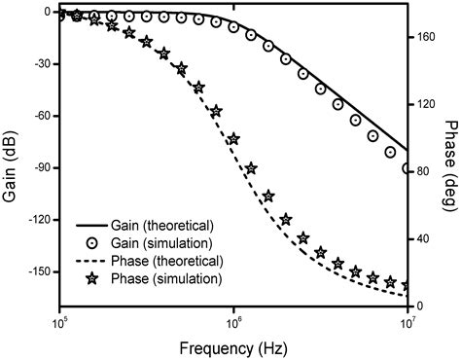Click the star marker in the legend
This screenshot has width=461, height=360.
[x=93, y=280]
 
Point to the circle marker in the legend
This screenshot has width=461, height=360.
[x=93, y=244]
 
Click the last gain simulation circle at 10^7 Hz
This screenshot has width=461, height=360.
[x=407, y=168]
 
